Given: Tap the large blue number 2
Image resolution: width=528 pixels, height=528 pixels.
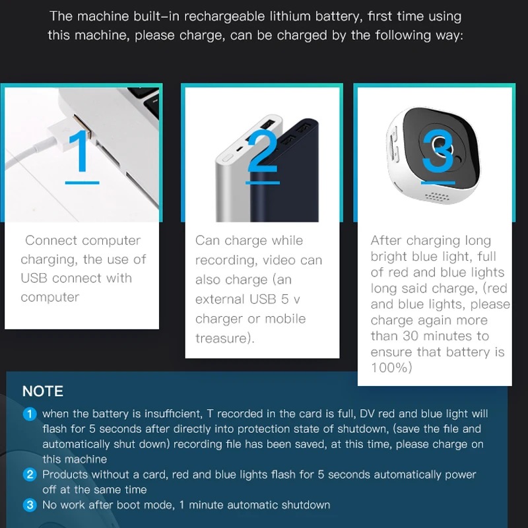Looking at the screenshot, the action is click(x=263, y=151).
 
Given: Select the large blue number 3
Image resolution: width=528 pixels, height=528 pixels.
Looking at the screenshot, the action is click(x=438, y=151).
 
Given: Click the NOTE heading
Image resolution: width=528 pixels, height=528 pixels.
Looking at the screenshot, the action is click(x=43, y=391).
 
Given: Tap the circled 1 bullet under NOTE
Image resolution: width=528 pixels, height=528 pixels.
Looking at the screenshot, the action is click(x=30, y=414).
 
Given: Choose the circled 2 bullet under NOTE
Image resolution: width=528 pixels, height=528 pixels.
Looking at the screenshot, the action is click(x=30, y=475).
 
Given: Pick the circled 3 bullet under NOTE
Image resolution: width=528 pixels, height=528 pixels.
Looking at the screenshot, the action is click(x=30, y=505).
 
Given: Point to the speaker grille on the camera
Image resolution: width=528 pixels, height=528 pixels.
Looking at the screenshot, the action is click(x=437, y=197).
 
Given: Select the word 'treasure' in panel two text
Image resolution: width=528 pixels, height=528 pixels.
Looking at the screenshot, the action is click(x=221, y=338).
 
